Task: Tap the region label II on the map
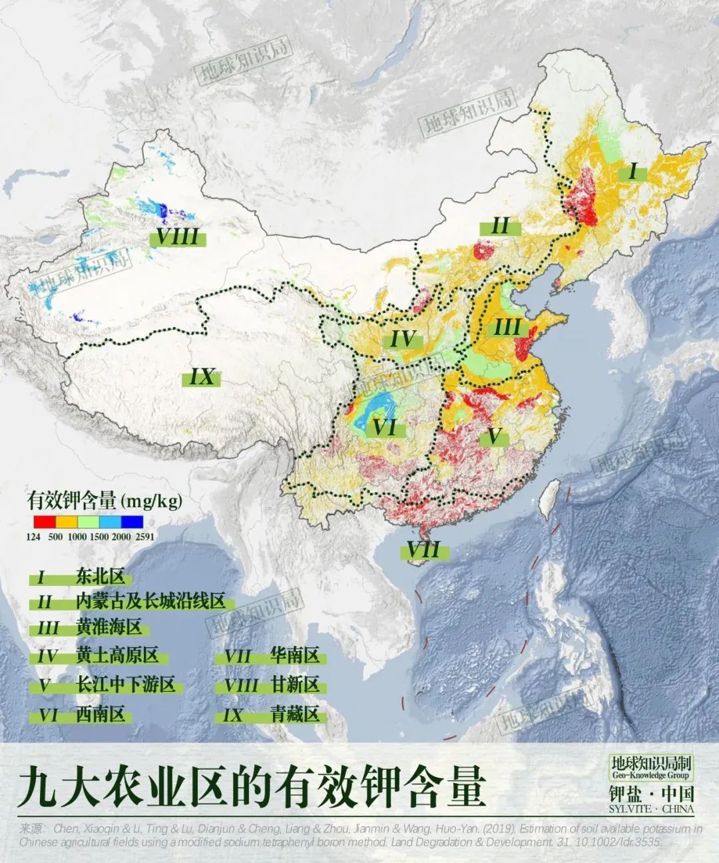click(500, 226)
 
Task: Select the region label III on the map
click(507, 328)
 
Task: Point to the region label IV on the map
click(403, 339)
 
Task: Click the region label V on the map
click(493, 437)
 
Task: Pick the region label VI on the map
click(384, 427)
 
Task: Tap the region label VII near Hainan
click(423, 551)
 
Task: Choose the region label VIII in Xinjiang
click(178, 236)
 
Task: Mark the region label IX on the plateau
click(201, 378)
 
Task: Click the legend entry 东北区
click(100, 577)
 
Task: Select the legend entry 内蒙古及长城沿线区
click(150, 602)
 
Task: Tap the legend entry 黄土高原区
click(117, 655)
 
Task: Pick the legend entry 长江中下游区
click(125, 685)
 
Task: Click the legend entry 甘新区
click(295, 685)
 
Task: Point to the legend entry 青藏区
click(295, 715)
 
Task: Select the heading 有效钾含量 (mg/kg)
click(105, 500)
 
